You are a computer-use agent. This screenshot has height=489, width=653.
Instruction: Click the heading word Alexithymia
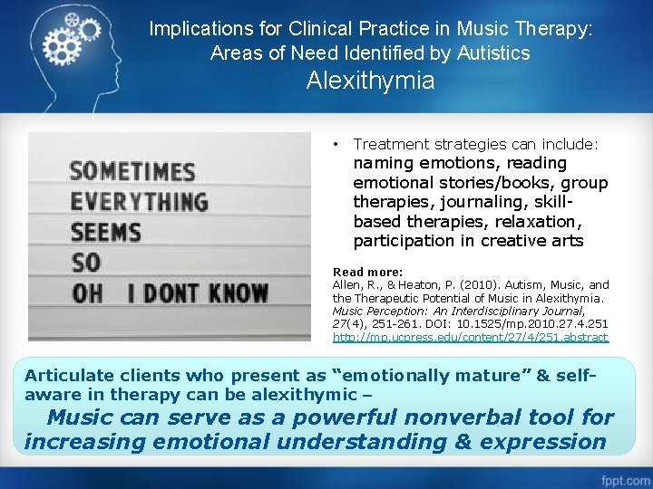(370, 81)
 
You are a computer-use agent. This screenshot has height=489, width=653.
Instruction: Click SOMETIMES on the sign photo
(132, 171)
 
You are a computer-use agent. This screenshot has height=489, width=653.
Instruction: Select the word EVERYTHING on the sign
(139, 201)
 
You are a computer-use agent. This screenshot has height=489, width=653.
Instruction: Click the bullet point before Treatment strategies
(336, 144)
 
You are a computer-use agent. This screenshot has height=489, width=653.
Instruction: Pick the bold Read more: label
(367, 272)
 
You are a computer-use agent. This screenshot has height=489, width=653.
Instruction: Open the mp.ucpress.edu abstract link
(471, 337)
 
